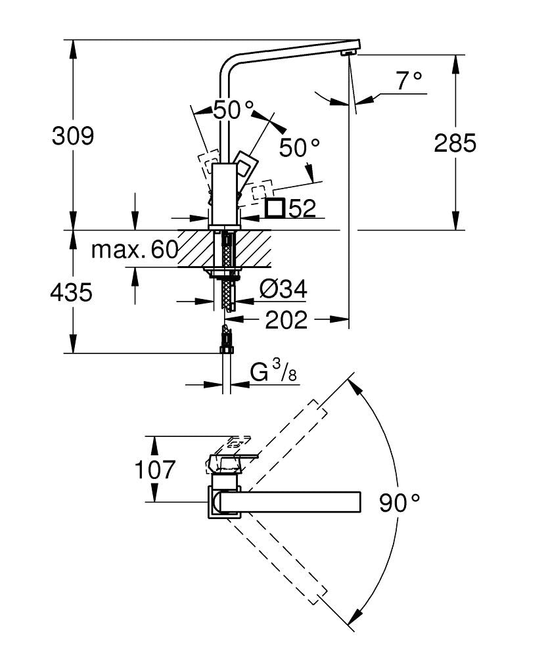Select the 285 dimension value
(455, 143)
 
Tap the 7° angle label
(409, 81)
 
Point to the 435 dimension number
(71, 292)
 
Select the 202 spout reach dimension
(286, 320)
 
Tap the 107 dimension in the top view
(155, 470)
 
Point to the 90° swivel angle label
(399, 503)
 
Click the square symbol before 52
(275, 208)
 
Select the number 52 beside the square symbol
(302, 209)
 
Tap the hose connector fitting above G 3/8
(227, 341)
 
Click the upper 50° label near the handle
(233, 110)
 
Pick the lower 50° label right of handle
(299, 148)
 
